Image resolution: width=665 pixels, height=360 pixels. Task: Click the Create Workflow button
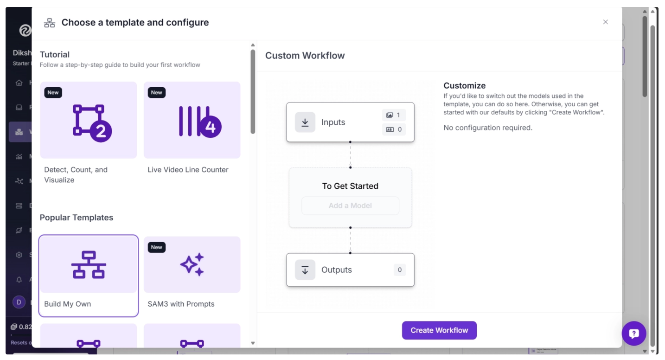pyautogui.click(x=439, y=330)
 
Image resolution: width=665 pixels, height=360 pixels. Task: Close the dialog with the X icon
pyautogui.click(x=605, y=22)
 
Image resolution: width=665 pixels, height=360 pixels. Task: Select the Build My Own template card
pyautogui.click(x=89, y=276)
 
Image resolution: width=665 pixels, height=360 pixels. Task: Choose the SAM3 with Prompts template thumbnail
pyautogui.click(x=192, y=265)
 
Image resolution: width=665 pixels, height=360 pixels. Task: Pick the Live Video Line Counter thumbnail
pyautogui.click(x=192, y=120)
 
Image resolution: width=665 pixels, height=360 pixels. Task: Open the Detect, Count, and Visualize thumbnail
pyautogui.click(x=89, y=120)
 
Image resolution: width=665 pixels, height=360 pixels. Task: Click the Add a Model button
pyautogui.click(x=350, y=206)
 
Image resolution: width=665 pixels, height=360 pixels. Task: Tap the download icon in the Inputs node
pyautogui.click(x=305, y=122)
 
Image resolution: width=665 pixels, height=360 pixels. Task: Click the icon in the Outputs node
pyautogui.click(x=305, y=270)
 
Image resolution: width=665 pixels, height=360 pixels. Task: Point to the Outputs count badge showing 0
pyautogui.click(x=400, y=270)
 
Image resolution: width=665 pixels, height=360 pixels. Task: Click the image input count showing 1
pyautogui.click(x=394, y=115)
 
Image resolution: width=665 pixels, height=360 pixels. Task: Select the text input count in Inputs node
pyautogui.click(x=394, y=129)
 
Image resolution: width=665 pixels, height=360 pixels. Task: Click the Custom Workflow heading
pyautogui.click(x=305, y=56)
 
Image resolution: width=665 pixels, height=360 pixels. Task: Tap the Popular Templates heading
pyautogui.click(x=77, y=218)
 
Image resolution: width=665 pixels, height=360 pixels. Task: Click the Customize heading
pyautogui.click(x=464, y=85)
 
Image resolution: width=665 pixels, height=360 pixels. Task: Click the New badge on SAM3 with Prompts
pyautogui.click(x=157, y=247)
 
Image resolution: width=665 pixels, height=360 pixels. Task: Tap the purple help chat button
pyautogui.click(x=634, y=333)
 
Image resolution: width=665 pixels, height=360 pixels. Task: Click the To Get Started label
pyautogui.click(x=350, y=186)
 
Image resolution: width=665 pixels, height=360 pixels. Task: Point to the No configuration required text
pyautogui.click(x=488, y=128)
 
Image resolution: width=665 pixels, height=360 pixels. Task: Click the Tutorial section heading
pyautogui.click(x=55, y=54)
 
